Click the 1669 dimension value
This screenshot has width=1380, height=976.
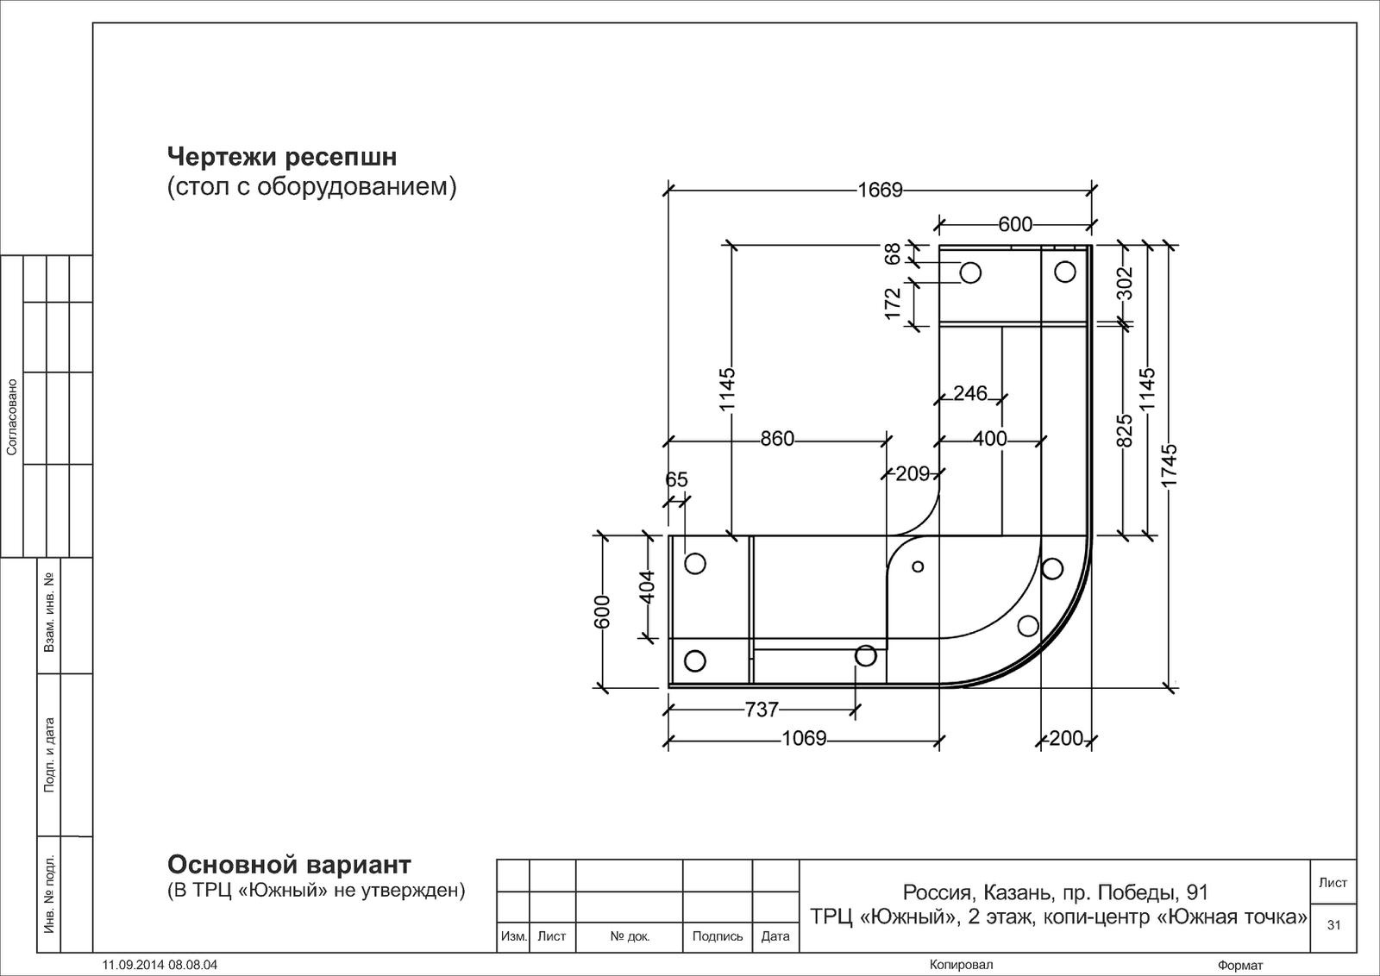[x=880, y=190]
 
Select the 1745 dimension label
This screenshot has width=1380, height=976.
[x=1169, y=465]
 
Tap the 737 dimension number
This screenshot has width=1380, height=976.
[x=762, y=710]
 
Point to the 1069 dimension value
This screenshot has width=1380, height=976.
[x=804, y=738]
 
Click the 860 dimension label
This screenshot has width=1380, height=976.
[x=777, y=439]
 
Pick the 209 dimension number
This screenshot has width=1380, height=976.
[x=913, y=473]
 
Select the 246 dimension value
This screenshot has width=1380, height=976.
[x=970, y=393]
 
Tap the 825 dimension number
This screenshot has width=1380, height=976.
[x=1125, y=430]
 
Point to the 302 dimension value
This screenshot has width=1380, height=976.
[x=1125, y=283]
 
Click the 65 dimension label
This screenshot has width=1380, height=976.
[x=676, y=479]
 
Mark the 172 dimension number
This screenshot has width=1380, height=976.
[x=892, y=303]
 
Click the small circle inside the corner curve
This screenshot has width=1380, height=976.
[x=918, y=566]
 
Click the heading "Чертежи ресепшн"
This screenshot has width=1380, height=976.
[x=282, y=157]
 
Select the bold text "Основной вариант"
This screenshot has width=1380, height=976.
[x=289, y=865]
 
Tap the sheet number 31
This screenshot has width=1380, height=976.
[x=1333, y=925]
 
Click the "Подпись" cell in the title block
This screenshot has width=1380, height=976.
[x=717, y=936]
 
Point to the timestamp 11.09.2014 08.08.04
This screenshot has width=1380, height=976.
[x=160, y=965]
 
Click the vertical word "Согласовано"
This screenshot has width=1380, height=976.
[x=11, y=417]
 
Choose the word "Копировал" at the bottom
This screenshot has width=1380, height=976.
[x=961, y=965]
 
